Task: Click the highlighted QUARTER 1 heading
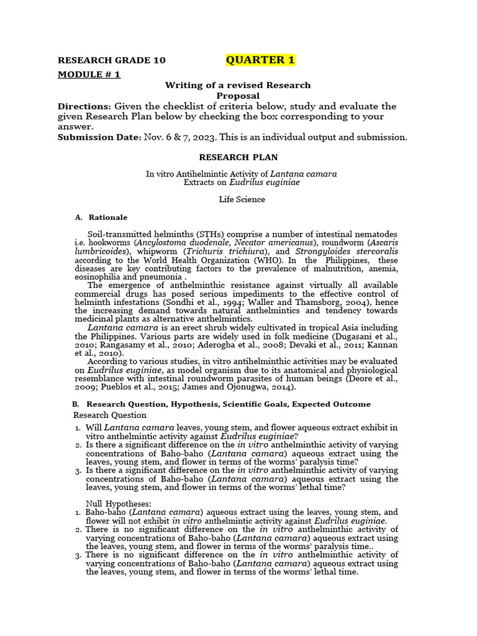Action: pyautogui.click(x=260, y=60)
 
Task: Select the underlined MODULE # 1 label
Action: pyautogui.click(x=89, y=75)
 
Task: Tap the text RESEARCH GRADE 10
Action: pyautogui.click(x=112, y=60)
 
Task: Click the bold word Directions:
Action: pyautogui.click(x=84, y=106)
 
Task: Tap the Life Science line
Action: pyautogui.click(x=242, y=199)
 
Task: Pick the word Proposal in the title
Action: pyautogui.click(x=237, y=96)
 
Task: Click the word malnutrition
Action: pyautogui.click(x=337, y=269)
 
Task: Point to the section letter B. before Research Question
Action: pyautogui.click(x=76, y=404)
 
